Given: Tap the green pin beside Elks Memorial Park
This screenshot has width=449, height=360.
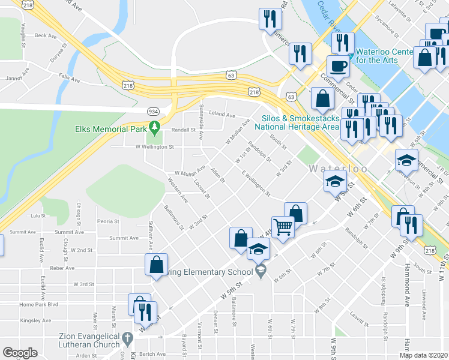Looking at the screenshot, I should tap(154, 128).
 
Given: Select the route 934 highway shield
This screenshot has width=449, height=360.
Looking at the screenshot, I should tap(154, 111).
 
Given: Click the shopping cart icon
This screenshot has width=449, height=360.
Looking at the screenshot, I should tap(282, 227).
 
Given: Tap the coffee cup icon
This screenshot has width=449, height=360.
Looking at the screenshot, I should tap(337, 66).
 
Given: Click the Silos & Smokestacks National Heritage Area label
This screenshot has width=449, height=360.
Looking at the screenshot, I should tap(297, 122).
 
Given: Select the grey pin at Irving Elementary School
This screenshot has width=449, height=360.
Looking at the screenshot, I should tap(261, 272).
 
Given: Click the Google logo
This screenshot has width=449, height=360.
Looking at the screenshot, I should tap(20, 353).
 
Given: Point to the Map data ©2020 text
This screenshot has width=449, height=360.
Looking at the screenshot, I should tap(424, 355).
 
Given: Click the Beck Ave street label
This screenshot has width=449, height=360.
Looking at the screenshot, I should tap(45, 36).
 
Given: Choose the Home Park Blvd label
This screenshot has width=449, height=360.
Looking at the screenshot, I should tap(38, 304).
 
